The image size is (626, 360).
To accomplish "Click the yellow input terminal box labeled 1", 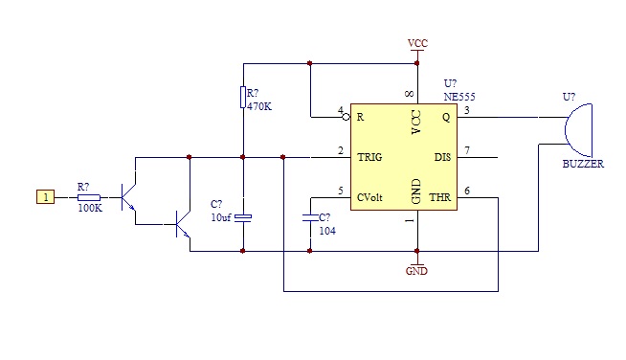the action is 46,197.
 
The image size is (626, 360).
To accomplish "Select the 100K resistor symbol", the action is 89,197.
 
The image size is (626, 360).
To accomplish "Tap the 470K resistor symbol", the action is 243,97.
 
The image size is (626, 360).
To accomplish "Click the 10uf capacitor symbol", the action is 243,217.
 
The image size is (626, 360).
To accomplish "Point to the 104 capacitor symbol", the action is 310,217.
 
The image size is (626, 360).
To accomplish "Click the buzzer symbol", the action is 579,130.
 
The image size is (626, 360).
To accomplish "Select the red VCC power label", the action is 417,43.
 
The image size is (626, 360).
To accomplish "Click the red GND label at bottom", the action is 416,271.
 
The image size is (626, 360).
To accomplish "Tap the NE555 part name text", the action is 459,97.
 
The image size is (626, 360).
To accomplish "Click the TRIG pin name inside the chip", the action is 369,157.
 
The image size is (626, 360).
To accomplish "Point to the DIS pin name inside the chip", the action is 442,157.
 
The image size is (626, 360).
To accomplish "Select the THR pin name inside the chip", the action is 440,197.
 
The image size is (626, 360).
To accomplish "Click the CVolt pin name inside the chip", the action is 369,197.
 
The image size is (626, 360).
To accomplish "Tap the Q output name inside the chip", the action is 446,117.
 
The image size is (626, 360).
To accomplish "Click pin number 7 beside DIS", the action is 467,150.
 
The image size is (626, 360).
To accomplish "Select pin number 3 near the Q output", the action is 467,110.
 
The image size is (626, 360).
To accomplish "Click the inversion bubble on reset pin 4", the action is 347,117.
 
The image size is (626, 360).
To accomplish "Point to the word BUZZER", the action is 583,164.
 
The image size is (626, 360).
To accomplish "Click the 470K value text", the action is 259,106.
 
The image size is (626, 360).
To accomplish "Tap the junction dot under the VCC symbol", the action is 417,63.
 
